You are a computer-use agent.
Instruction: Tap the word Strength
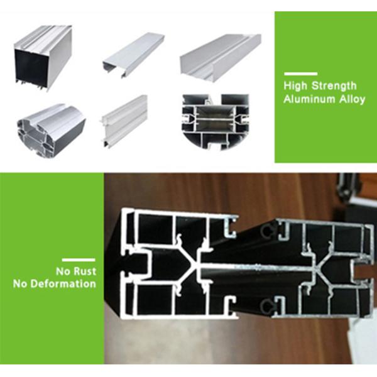tap(334, 86)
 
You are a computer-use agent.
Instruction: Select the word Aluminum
tap(309, 99)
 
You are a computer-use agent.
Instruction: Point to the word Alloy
tap(352, 99)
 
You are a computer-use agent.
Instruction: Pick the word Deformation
tap(63, 284)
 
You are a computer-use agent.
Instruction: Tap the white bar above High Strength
tap(301, 74)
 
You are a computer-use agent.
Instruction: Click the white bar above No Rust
tap(79, 260)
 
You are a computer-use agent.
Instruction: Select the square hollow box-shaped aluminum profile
tap(43, 58)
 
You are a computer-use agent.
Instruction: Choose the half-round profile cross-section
tap(216, 122)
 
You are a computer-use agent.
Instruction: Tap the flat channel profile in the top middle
tap(133, 55)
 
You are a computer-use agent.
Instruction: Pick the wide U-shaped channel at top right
tap(221, 57)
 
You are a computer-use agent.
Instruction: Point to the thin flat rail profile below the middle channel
tap(124, 121)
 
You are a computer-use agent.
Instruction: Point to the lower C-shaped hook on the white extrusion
tap(231, 307)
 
